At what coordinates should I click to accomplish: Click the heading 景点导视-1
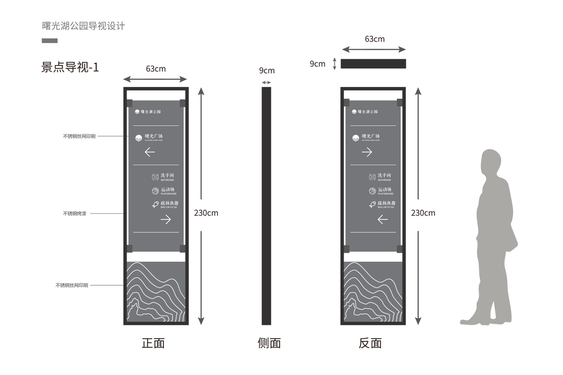(x=70, y=67)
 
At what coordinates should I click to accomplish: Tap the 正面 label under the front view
(x=153, y=343)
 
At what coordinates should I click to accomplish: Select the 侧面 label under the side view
(x=269, y=343)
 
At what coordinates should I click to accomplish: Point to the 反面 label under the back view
(x=370, y=343)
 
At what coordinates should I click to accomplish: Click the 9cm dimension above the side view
(x=266, y=71)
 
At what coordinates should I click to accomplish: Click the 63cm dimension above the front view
(x=156, y=68)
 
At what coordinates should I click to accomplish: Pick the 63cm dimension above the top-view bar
(x=374, y=39)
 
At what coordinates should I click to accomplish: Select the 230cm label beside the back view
(x=423, y=212)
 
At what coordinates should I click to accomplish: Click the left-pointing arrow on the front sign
(x=150, y=151)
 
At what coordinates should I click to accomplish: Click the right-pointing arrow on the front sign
(x=166, y=219)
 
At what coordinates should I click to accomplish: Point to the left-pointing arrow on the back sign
(x=383, y=219)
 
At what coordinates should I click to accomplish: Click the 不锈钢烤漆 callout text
(x=74, y=214)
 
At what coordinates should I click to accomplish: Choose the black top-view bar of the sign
(x=373, y=64)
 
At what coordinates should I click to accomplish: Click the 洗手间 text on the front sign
(x=168, y=176)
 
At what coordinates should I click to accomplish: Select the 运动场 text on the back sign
(x=385, y=189)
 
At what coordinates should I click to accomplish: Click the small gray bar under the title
(x=49, y=41)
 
